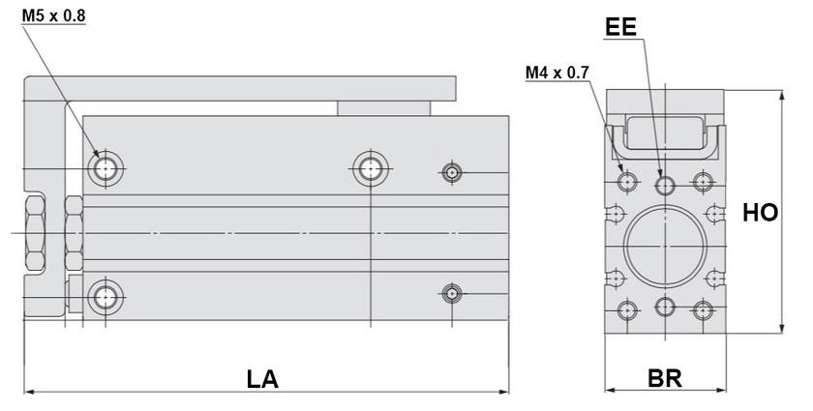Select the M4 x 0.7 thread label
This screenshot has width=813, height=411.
tap(557, 73)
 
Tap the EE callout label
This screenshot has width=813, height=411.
tap(620, 27)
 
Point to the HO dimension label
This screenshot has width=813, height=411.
tap(760, 213)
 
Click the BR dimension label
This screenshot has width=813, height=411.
tap(664, 377)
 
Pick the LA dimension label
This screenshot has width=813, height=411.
tap(261, 378)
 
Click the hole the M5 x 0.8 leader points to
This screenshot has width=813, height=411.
tap(104, 170)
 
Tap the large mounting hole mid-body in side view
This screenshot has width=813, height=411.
tap(368, 170)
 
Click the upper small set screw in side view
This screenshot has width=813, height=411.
tap(451, 173)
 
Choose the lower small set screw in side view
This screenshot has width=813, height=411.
tap(451, 293)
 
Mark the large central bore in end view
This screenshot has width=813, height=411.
tap(664, 244)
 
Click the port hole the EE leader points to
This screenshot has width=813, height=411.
tap(664, 183)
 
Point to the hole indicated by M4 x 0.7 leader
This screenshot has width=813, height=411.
tap(627, 181)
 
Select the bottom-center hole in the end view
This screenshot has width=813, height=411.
tap(664, 308)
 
